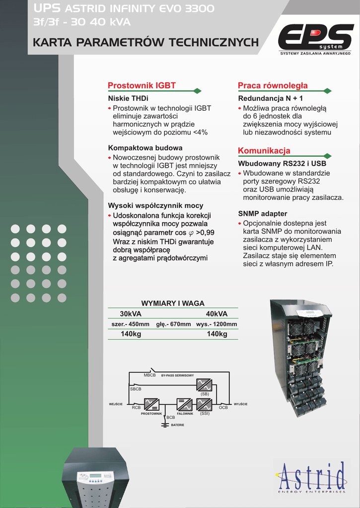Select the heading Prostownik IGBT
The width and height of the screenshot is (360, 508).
142,85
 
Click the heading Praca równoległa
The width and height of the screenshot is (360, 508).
273,85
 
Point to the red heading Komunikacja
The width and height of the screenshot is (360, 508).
264,151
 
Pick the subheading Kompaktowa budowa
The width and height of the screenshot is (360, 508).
145,148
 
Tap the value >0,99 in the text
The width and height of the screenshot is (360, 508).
205,232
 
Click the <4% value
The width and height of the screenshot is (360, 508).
200,132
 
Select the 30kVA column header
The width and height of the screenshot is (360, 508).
131,314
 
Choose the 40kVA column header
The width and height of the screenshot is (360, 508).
216,314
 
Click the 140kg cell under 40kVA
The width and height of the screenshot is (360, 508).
216,334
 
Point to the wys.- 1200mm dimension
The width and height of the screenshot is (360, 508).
216,324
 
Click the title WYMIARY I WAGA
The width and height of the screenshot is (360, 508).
173,303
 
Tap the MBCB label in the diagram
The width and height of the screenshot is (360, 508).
149,375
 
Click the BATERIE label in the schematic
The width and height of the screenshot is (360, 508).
177,425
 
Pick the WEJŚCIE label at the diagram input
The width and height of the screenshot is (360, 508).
116,404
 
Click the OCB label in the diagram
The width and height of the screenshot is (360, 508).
223,407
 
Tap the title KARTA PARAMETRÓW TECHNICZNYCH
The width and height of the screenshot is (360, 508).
145,43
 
